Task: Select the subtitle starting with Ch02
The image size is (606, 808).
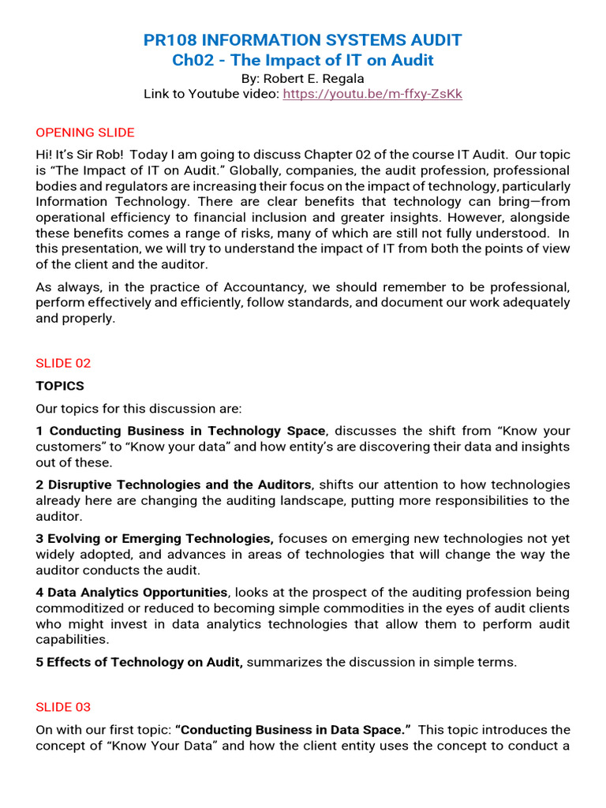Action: [302, 61]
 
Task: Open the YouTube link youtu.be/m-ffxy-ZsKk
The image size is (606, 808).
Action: [372, 94]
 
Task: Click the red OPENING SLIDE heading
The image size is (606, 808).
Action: [85, 133]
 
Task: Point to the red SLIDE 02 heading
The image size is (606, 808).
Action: [63, 363]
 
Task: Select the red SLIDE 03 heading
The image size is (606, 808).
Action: [63, 707]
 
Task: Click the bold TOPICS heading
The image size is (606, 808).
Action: [60, 386]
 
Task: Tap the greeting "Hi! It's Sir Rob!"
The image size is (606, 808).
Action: [85, 155]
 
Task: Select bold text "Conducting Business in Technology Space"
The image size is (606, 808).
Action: [187, 431]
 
